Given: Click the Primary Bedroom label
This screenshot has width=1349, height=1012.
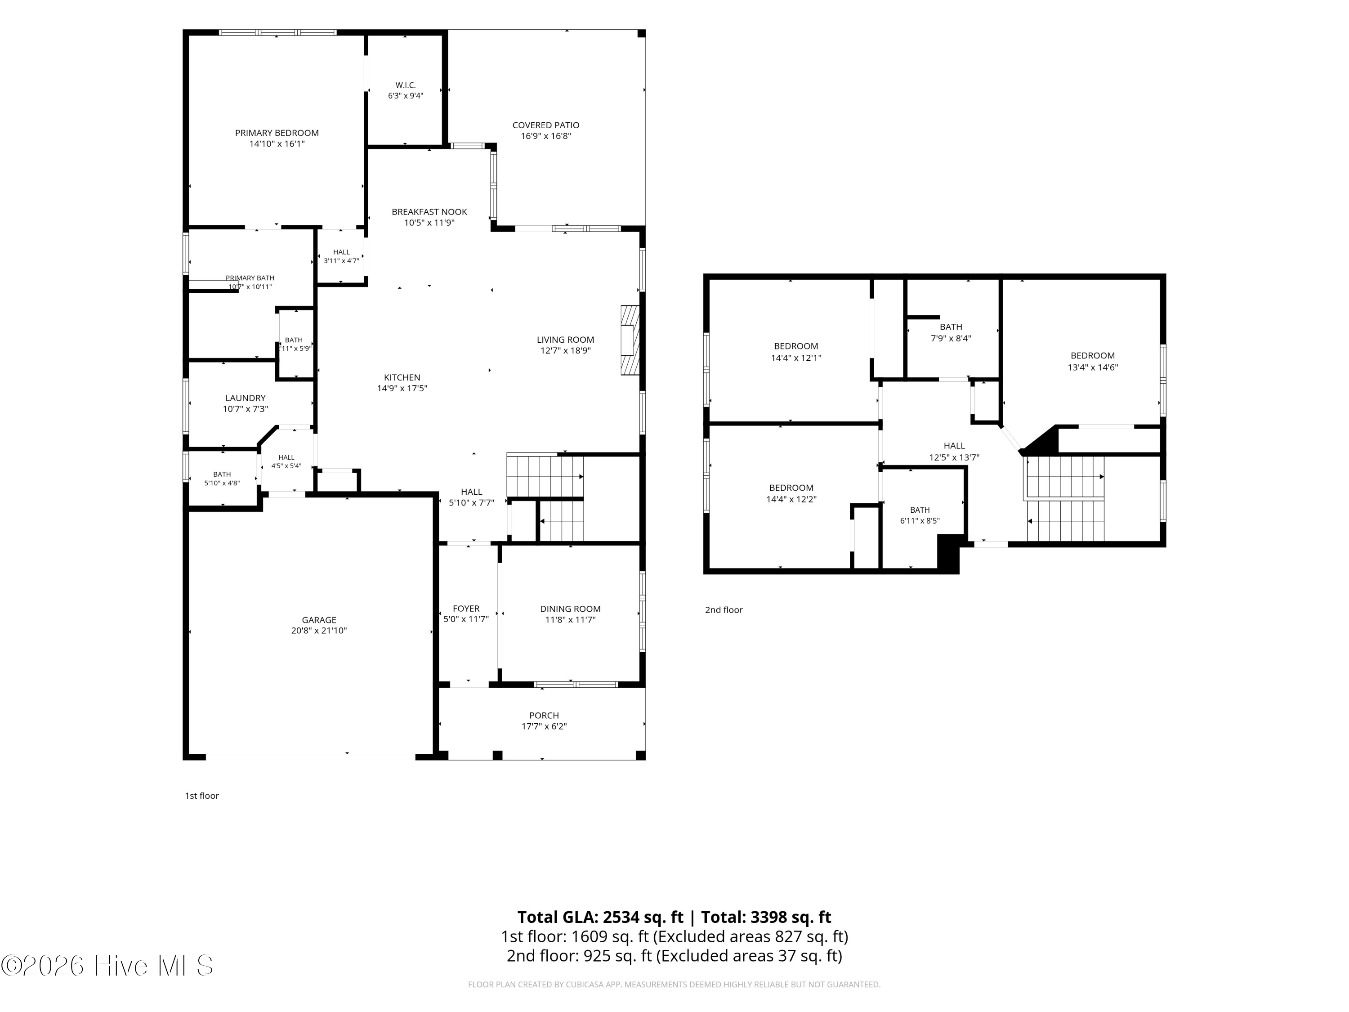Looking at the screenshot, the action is pos(277,133).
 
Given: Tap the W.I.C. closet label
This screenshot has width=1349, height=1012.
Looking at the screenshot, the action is pos(406,85).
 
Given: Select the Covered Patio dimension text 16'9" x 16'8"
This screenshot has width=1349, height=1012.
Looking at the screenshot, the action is pos(546,136).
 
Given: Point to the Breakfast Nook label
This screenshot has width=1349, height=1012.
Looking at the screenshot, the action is pos(429,212).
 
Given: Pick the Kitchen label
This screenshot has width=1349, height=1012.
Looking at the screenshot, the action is pos(402,378).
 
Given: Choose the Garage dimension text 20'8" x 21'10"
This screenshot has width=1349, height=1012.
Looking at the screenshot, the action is pos(319,631).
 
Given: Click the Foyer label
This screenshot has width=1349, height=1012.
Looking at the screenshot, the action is pos(466,609).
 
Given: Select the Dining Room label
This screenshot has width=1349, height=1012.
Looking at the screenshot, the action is pos(570,609).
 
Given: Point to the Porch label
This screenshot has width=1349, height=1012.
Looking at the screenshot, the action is pos(544,716).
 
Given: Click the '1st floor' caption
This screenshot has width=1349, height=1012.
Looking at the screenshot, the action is pos(202,796).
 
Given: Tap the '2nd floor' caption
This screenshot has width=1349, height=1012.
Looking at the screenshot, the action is pos(724,609).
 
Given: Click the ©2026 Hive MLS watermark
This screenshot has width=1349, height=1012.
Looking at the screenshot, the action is pos(107,966).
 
